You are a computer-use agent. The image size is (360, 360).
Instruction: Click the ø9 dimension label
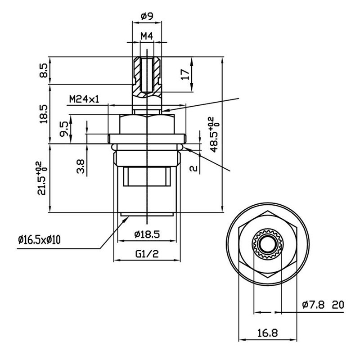pos(148,17)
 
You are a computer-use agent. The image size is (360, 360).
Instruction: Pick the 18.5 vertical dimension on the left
pos(43,114)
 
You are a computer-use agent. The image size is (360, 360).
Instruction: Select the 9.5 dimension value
pos(65,130)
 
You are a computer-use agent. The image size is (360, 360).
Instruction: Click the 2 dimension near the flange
pos(193,168)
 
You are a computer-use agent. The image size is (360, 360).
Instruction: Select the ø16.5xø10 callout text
pos(40,239)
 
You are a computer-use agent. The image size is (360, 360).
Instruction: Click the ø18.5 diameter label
pos(148,234)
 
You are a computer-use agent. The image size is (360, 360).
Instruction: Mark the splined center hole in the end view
pos(267,245)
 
